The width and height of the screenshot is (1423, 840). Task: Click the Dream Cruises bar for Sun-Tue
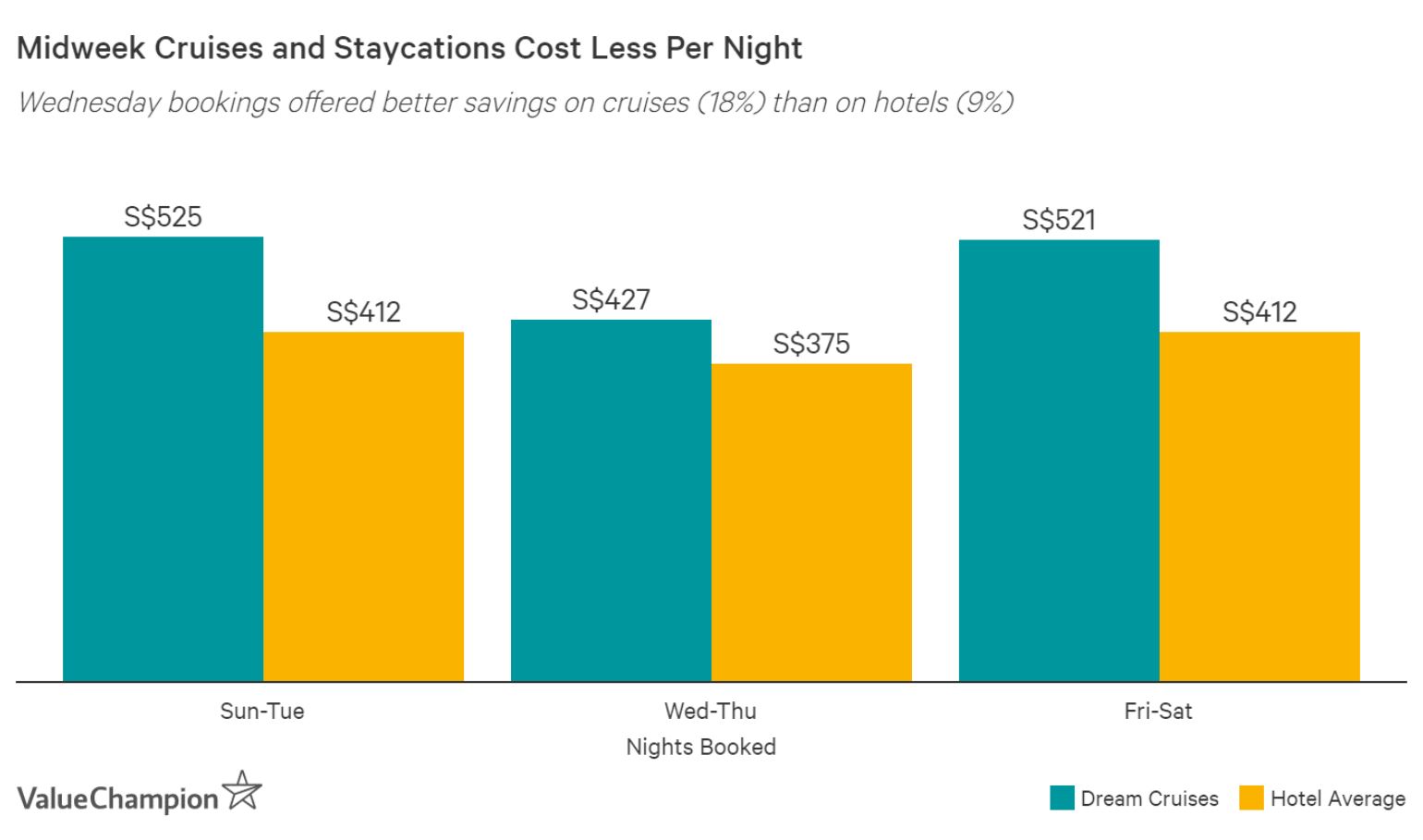(163, 459)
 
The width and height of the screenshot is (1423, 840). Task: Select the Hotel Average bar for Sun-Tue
(363, 506)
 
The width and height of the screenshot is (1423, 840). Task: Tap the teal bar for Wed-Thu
(611, 501)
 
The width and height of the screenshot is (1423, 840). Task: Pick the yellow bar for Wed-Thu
(811, 522)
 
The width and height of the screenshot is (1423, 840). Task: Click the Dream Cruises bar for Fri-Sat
(1059, 460)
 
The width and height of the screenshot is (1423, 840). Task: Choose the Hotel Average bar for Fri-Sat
(1259, 506)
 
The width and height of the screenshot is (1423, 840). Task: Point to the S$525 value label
(163, 217)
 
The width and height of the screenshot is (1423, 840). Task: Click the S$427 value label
(611, 299)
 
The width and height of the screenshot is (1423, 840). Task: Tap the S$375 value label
(811, 344)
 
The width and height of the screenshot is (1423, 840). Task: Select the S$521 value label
(1059, 220)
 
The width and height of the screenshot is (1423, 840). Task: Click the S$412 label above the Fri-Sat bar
(1259, 312)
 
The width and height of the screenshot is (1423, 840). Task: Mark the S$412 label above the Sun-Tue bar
(363, 312)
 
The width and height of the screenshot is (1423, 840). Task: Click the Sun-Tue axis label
(261, 712)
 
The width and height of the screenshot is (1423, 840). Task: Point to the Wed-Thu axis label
(710, 712)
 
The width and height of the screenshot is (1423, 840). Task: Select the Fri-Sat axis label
(1158, 712)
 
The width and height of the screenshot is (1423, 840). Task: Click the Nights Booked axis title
(700, 747)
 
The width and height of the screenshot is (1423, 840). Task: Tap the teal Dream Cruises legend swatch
(1062, 798)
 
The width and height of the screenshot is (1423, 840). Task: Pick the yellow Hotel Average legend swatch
(1251, 798)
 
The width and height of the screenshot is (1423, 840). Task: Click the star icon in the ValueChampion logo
(242, 791)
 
